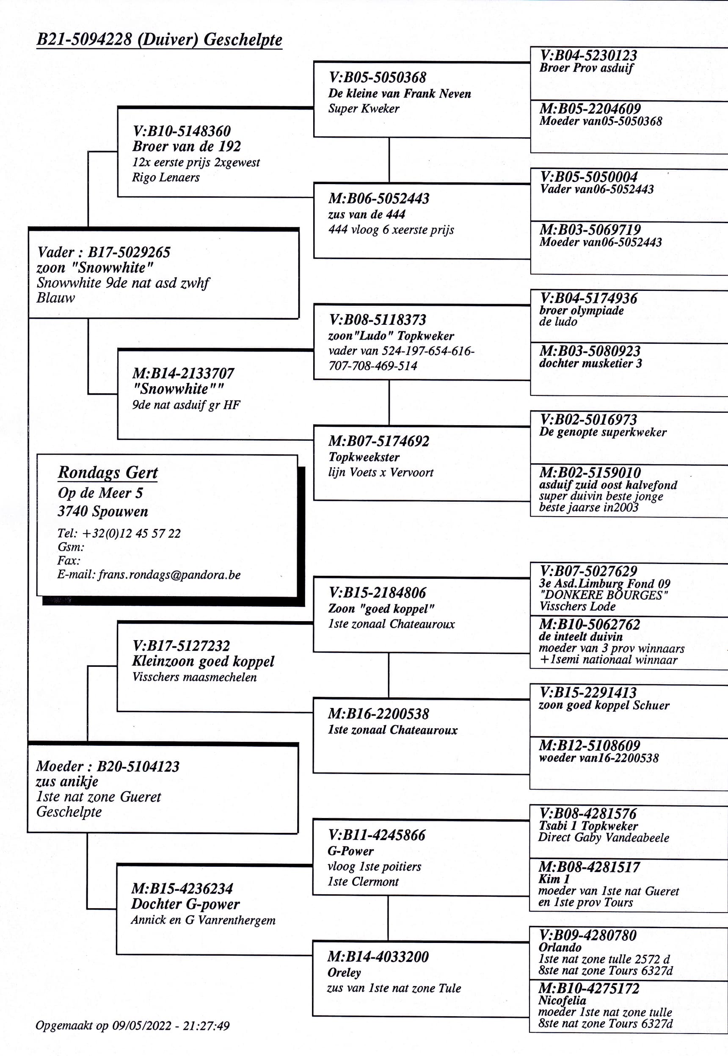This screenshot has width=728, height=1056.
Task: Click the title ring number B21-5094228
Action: coord(84,40)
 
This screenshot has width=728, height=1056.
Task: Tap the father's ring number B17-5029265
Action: coord(129,252)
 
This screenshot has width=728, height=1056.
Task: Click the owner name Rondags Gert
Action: coord(108,473)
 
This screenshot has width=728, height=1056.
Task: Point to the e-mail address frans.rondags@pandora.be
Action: coord(169,575)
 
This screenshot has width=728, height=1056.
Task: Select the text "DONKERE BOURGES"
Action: coord(604,595)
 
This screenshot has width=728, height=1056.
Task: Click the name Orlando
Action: coord(560,947)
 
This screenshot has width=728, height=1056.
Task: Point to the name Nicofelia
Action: coord(562,1001)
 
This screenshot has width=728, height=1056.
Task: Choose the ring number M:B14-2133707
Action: coord(183,374)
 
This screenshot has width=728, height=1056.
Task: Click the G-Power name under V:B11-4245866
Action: coord(350,851)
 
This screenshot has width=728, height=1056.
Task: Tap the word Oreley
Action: coord(344,973)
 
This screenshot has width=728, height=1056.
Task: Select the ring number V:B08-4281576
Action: coord(588,814)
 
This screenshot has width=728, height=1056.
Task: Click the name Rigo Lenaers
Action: coord(165,177)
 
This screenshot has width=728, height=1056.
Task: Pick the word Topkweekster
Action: coord(364,457)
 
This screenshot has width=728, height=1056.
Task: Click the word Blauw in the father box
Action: coord(55,298)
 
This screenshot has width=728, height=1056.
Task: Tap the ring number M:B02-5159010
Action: coord(590,473)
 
